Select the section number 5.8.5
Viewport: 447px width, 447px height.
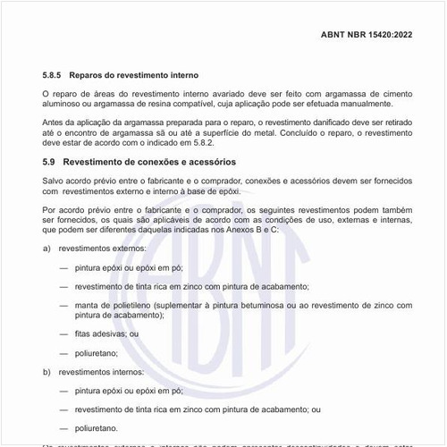pyautogui.click(x=55, y=76)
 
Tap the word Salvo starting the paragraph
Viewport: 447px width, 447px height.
pyautogui.click(x=55, y=180)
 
